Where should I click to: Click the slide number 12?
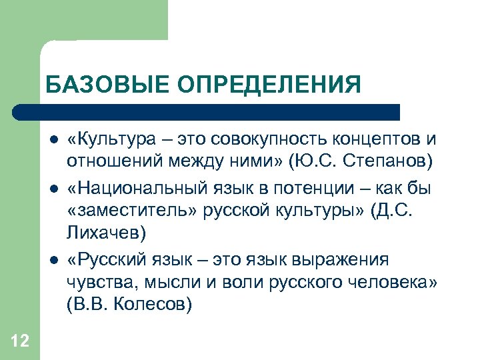20,342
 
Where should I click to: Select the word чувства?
97,281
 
